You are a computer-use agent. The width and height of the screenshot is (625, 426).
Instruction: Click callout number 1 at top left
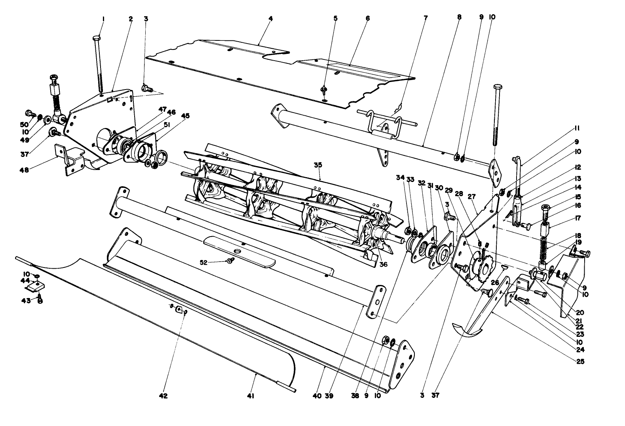pos(103,19)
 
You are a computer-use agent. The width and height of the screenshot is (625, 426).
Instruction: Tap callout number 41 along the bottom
pos(251,395)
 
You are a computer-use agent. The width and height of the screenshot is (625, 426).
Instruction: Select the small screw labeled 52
pos(230,260)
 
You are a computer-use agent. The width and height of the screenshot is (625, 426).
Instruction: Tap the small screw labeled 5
pos(324,89)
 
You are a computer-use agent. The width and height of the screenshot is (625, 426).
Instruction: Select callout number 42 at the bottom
pos(163,395)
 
